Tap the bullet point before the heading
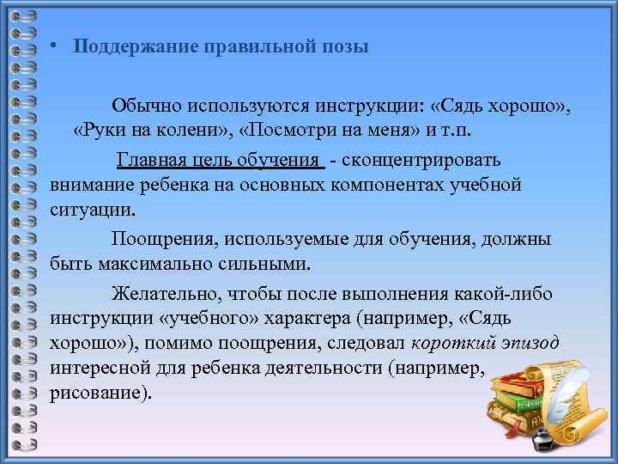53,46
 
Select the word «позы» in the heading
344,46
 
